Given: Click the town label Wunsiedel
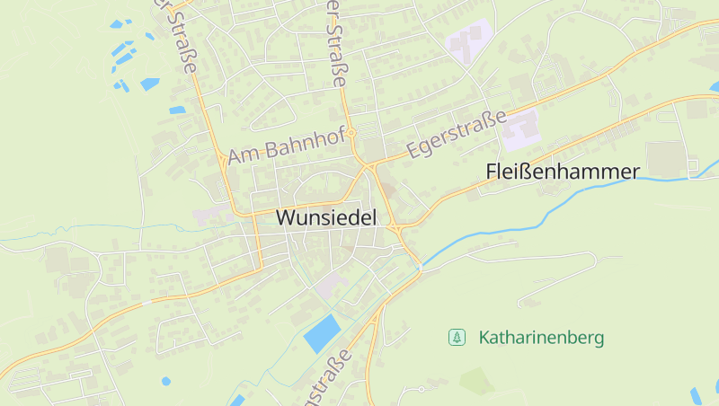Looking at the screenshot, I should [326, 217].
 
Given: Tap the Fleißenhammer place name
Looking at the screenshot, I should [563, 172].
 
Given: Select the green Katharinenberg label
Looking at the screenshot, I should [541, 338].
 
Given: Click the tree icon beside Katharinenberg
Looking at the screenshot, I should [457, 338].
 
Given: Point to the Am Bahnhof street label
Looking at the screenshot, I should [285, 146].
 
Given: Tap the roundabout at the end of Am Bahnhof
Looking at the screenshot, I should [352, 133].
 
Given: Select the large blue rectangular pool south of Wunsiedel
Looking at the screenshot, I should [322, 333].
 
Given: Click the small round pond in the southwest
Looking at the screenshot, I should [166, 381].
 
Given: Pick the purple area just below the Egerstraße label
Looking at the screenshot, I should [520, 131].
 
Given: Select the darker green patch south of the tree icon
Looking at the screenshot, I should [476, 380].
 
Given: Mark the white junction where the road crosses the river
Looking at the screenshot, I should [420, 265].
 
